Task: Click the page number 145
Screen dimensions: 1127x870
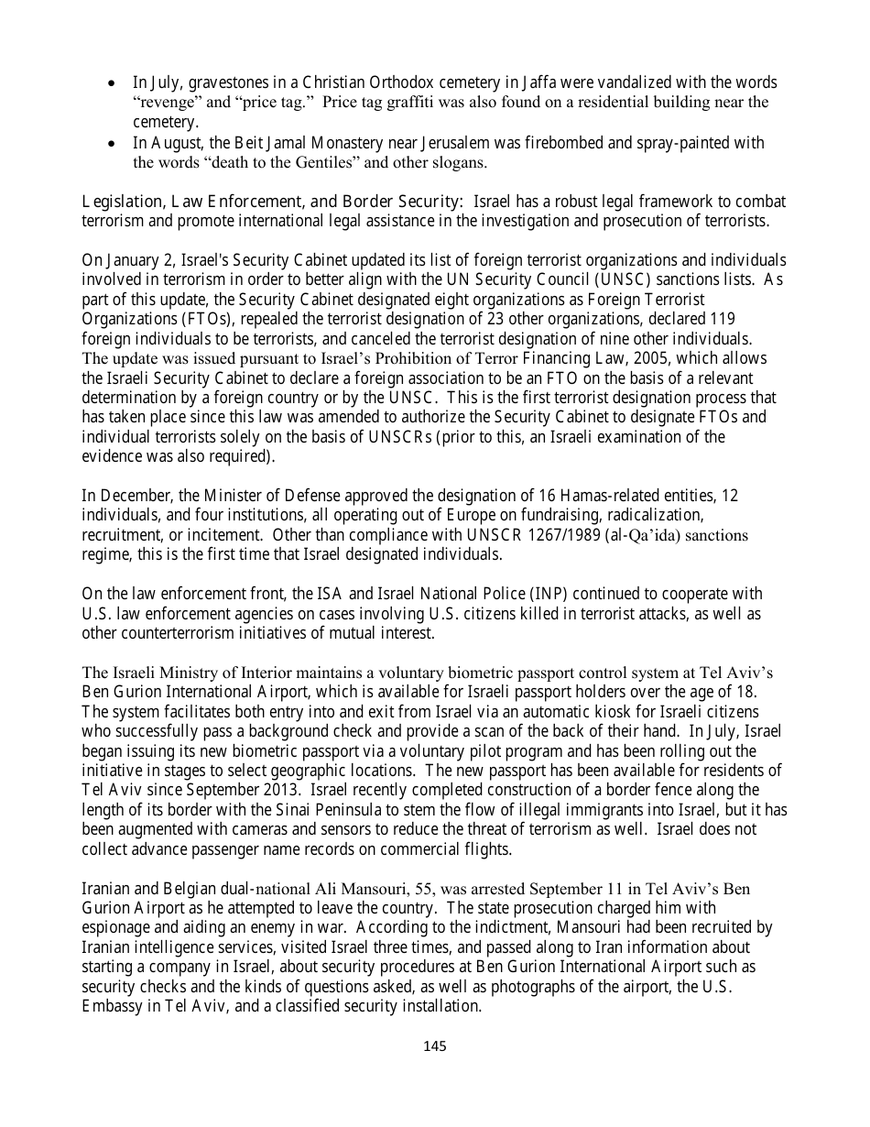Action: [x=435, y=1045]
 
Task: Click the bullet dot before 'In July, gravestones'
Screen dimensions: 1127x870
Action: [x=112, y=83]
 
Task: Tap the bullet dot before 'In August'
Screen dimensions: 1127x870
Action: [x=112, y=144]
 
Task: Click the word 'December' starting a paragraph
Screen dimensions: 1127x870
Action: [x=130, y=496]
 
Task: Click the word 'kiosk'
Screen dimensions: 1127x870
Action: [x=573, y=712]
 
